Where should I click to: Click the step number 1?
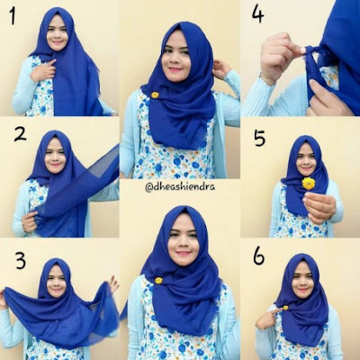(x=13, y=15)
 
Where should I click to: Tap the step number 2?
(x=20, y=134)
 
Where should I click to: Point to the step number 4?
(x=257, y=14)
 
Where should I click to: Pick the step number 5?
(x=259, y=138)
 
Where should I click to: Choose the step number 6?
(x=258, y=256)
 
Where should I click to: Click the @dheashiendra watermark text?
(x=180, y=187)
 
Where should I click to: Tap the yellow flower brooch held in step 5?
(x=308, y=184)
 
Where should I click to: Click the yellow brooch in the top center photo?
(x=155, y=95)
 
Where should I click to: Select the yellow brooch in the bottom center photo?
(x=158, y=281)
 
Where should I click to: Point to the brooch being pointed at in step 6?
(x=285, y=308)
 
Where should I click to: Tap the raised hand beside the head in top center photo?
(x=220, y=68)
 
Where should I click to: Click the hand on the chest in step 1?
(x=44, y=71)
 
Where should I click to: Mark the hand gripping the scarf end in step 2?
(x=30, y=221)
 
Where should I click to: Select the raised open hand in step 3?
(x=113, y=284)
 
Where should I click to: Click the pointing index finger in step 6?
(x=274, y=312)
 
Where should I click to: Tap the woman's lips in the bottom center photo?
(x=184, y=254)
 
